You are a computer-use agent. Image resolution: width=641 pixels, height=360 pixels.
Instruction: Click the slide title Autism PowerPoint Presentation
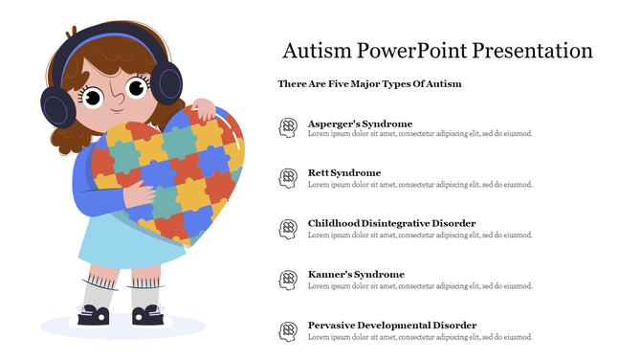[438, 51]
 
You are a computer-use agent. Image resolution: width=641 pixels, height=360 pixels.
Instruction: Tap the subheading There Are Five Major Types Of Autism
[369, 84]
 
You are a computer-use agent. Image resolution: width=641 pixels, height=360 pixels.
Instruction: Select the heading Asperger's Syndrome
[360, 124]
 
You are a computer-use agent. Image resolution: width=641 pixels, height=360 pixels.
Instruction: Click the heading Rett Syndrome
[344, 173]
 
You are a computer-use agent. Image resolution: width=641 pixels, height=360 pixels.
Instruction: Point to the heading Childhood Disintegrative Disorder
[391, 223]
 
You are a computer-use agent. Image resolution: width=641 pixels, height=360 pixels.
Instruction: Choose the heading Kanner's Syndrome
[356, 274]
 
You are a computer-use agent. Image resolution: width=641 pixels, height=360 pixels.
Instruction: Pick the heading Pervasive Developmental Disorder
[392, 325]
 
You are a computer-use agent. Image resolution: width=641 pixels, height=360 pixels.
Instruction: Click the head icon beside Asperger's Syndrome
[287, 128]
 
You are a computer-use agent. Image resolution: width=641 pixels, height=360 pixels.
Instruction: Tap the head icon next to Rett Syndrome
[287, 178]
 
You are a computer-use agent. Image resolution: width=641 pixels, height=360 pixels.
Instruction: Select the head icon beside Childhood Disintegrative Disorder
[287, 229]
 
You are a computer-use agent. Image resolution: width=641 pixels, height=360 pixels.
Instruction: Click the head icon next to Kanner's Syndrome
[287, 280]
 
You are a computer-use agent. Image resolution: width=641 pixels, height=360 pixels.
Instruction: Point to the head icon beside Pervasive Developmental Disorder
[287, 330]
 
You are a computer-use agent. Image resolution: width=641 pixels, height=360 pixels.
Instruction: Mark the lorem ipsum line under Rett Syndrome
[420, 185]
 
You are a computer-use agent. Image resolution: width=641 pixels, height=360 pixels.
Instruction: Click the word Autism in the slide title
[318, 51]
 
